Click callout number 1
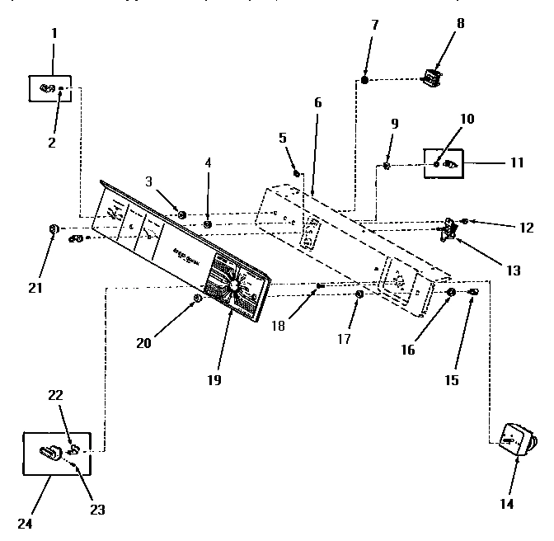(x=54, y=35)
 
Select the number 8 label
(x=461, y=22)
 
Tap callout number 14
(x=506, y=503)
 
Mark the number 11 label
(x=516, y=162)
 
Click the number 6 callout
(x=317, y=104)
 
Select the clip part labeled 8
(x=431, y=78)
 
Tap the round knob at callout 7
(x=364, y=80)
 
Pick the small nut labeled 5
(x=298, y=172)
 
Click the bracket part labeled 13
(x=449, y=229)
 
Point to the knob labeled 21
(x=54, y=228)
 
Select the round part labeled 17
(x=359, y=294)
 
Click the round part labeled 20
(x=197, y=298)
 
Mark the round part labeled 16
(x=451, y=293)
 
